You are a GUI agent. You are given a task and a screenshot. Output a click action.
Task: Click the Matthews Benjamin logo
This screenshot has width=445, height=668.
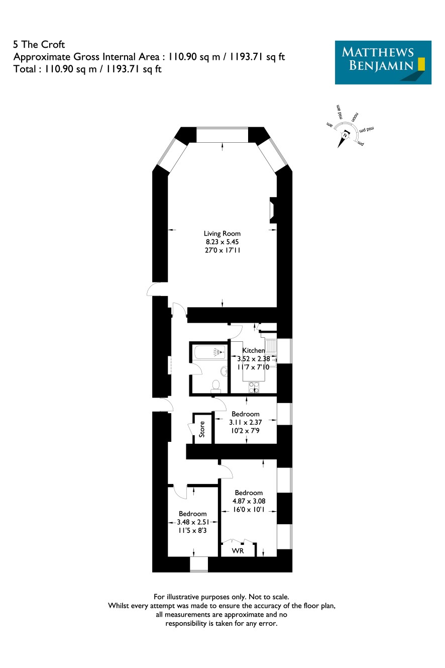click(383, 62)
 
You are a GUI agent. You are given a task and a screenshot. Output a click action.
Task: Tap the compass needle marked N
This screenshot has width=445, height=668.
click(343, 138)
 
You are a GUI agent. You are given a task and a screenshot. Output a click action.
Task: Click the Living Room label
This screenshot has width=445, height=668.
click(222, 234)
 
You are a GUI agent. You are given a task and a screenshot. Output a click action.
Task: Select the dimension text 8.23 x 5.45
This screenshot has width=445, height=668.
click(222, 242)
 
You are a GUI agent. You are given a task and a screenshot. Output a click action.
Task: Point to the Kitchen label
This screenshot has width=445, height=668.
click(253, 350)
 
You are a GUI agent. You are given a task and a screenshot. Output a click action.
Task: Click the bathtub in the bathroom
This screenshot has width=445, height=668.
click(210, 352)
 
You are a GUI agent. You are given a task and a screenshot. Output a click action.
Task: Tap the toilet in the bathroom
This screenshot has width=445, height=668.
click(215, 386)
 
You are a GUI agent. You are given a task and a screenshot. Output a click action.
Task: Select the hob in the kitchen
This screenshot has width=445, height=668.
click(254, 388)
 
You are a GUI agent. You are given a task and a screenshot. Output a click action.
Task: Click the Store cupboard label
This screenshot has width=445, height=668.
click(202, 429)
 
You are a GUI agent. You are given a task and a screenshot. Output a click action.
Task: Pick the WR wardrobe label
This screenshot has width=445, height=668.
click(238, 551)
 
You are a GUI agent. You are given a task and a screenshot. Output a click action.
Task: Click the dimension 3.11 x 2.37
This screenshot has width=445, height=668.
click(245, 422)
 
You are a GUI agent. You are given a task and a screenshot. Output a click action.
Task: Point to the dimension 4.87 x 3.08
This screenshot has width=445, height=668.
click(249, 501)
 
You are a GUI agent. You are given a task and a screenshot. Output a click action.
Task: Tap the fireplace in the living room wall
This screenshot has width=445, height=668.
click(273, 210)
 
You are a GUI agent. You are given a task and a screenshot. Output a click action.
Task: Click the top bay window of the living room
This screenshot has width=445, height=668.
click(222, 135)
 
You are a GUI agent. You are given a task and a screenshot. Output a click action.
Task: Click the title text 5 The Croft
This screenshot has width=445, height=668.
click(39, 44)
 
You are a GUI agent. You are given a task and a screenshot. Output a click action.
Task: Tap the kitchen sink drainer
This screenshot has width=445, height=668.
click(271, 346)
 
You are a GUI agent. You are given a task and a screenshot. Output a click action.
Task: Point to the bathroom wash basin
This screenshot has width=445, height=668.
click(224, 371)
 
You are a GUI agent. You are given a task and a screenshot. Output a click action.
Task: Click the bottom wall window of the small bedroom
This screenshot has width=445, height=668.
click(199, 564)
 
